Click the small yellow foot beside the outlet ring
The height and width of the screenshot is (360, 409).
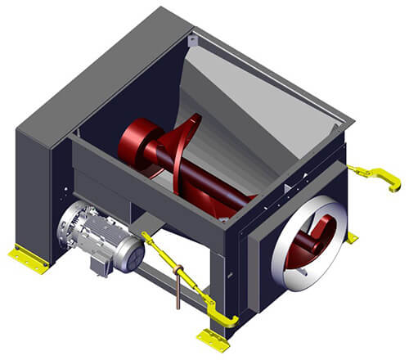[352, 238]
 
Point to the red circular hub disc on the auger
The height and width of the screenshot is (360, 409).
[136, 143]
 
